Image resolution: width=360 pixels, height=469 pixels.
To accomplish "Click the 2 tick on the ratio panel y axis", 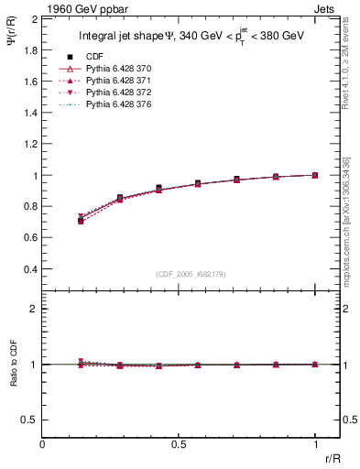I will tap(34, 309).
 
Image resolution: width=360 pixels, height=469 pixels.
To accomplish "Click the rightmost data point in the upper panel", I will tap(315, 175).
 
